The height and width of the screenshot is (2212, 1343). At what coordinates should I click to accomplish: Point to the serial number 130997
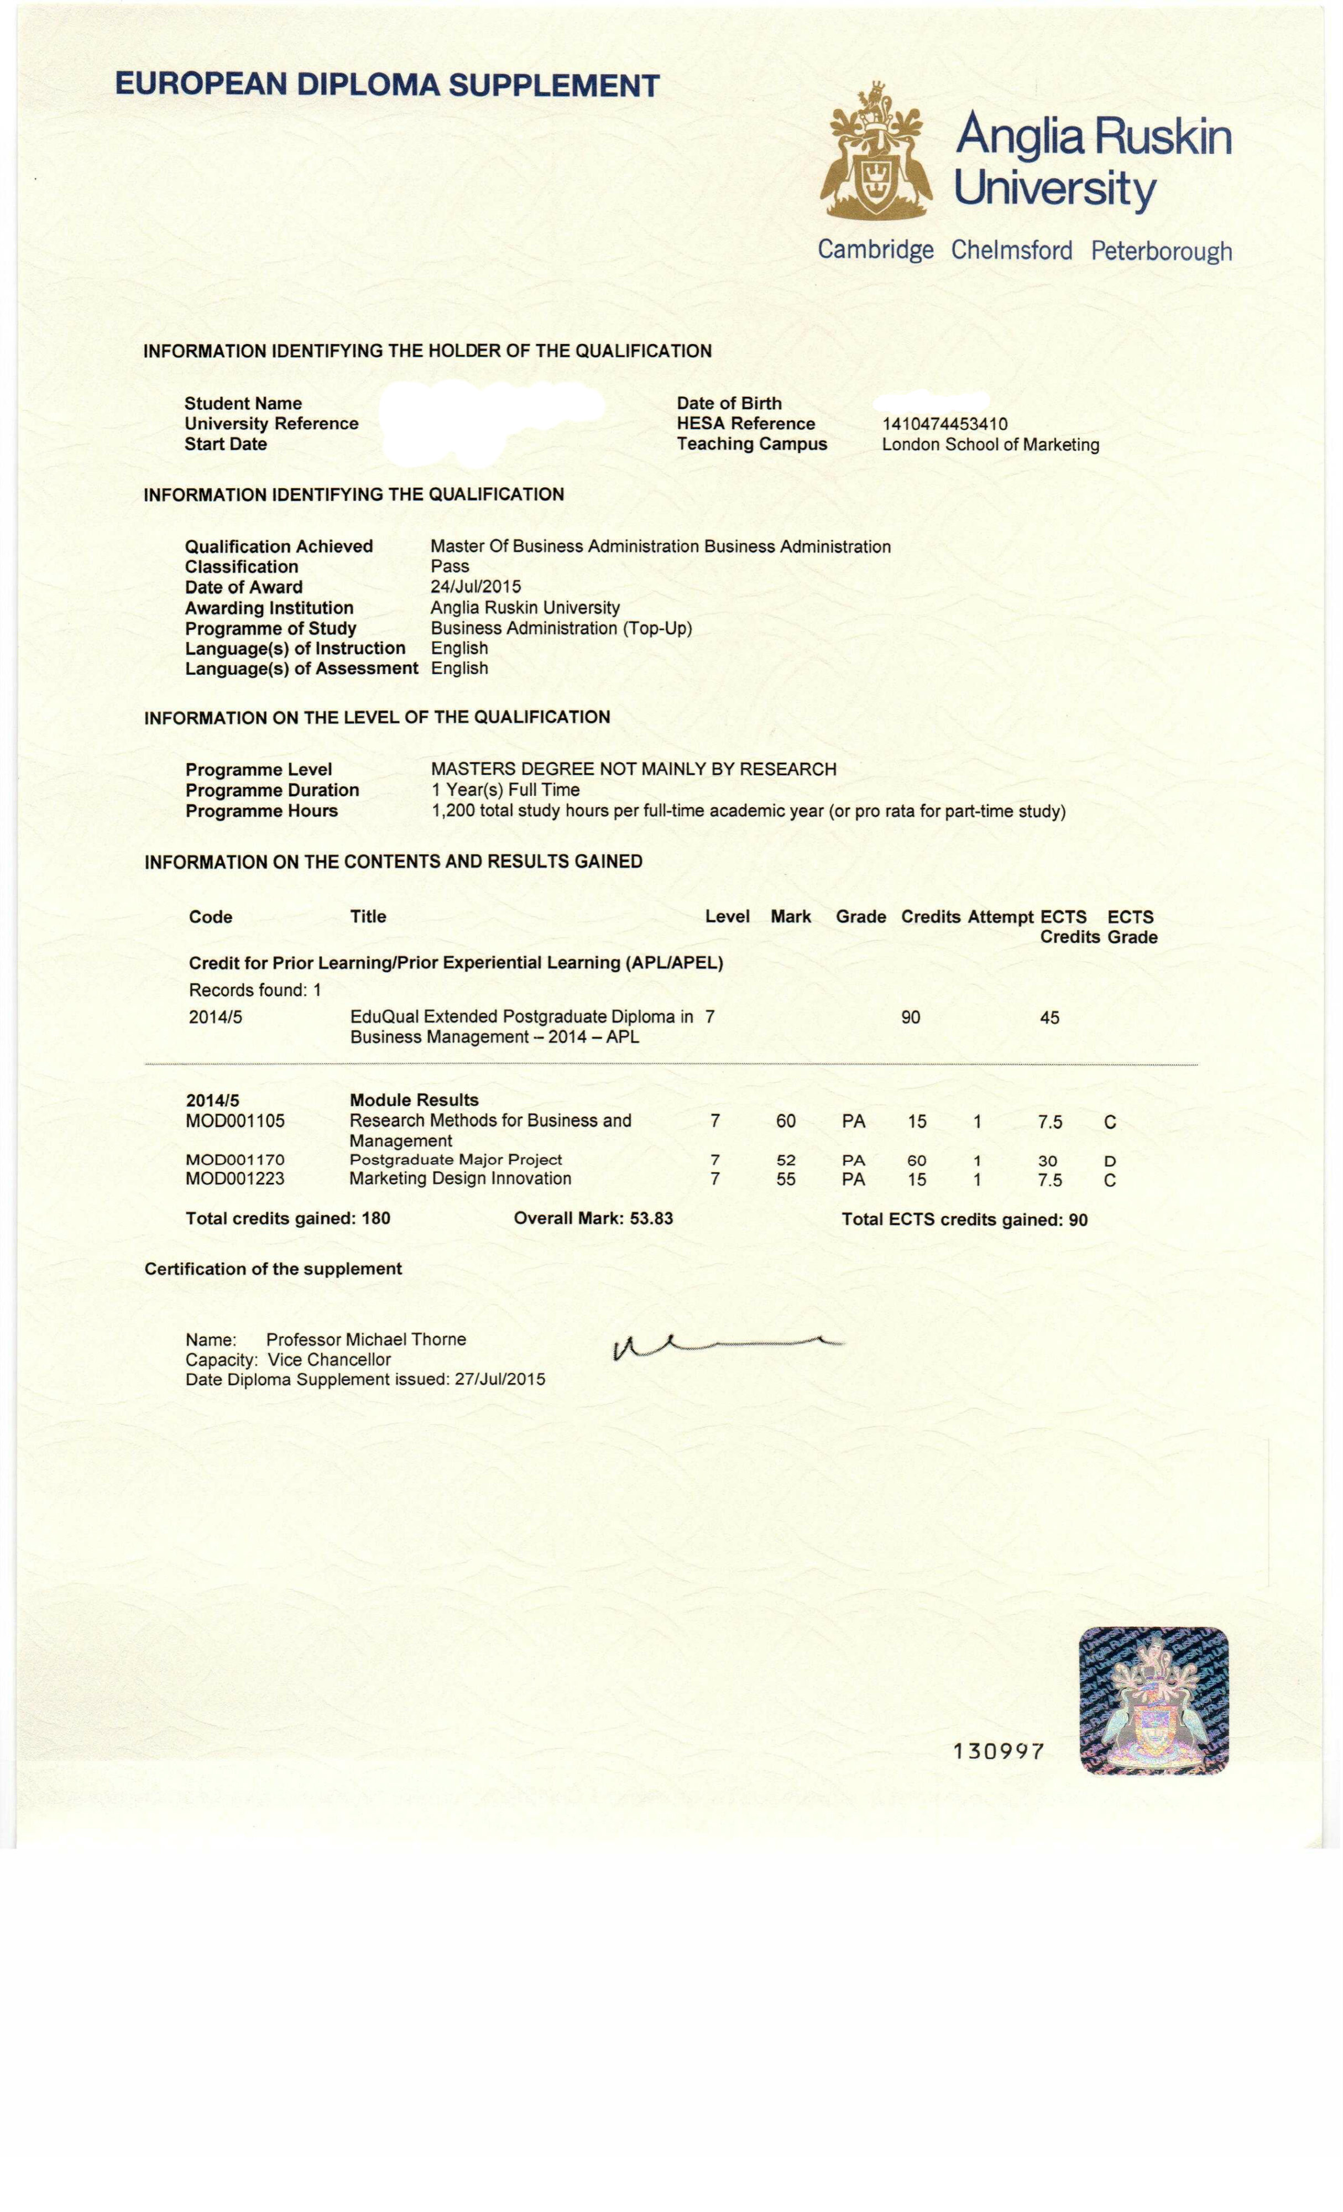click(999, 1751)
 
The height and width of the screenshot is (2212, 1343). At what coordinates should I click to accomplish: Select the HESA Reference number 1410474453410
click(944, 424)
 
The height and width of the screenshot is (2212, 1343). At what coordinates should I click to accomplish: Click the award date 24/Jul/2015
click(476, 587)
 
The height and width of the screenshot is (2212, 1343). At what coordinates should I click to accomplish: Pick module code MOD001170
click(235, 1160)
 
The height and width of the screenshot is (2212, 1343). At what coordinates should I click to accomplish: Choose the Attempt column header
click(1000, 916)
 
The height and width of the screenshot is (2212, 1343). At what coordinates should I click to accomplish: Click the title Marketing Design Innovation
click(461, 1178)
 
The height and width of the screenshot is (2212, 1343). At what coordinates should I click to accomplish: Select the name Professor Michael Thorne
click(366, 1339)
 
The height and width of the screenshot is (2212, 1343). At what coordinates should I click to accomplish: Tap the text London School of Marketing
click(990, 445)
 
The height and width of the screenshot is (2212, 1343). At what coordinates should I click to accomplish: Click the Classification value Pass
click(450, 566)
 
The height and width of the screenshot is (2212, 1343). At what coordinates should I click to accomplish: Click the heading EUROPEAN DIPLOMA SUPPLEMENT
click(387, 86)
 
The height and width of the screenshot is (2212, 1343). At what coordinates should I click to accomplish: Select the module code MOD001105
click(235, 1121)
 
